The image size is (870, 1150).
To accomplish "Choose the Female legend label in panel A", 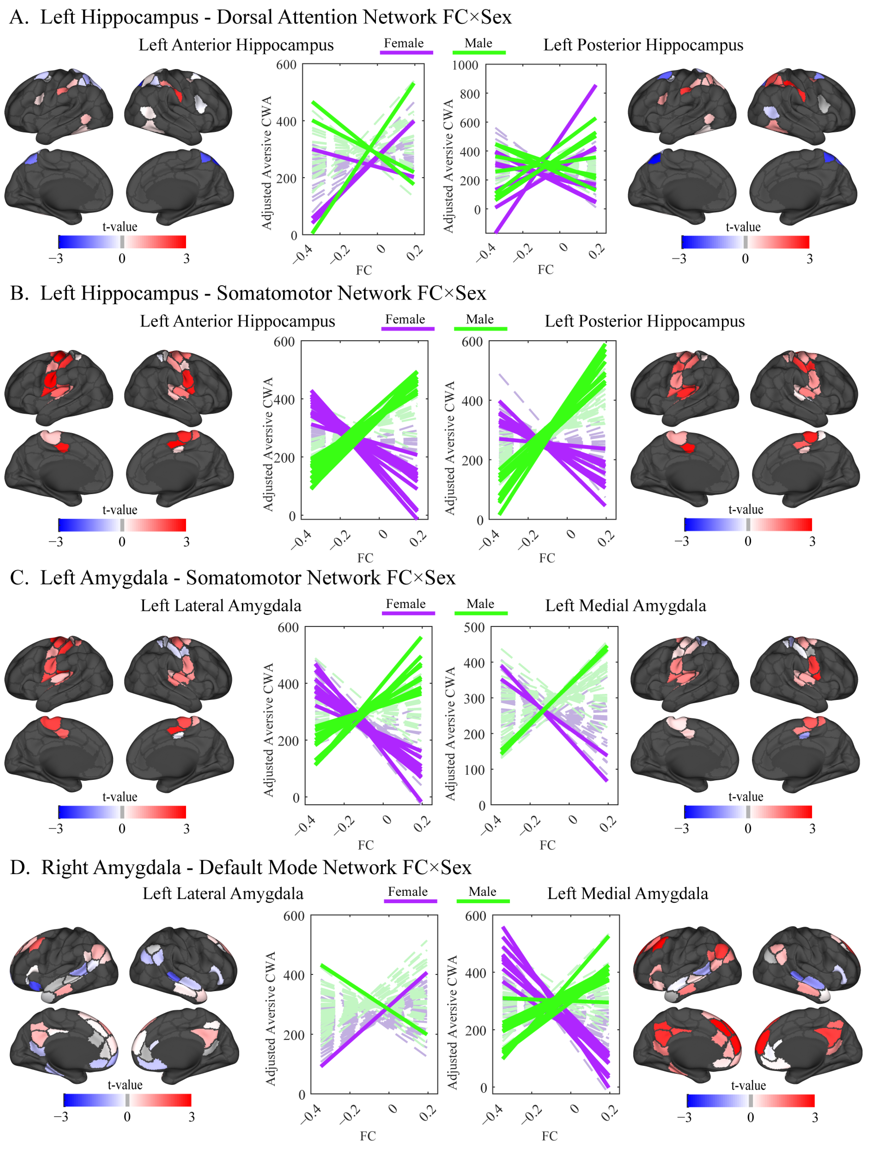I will (x=403, y=43).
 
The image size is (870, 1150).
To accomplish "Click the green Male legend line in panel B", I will (x=480, y=329).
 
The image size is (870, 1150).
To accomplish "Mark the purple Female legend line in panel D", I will (x=410, y=901).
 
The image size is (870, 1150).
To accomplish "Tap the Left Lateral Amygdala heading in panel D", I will (x=223, y=894).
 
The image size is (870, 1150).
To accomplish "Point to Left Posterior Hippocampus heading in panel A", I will (x=643, y=45).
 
